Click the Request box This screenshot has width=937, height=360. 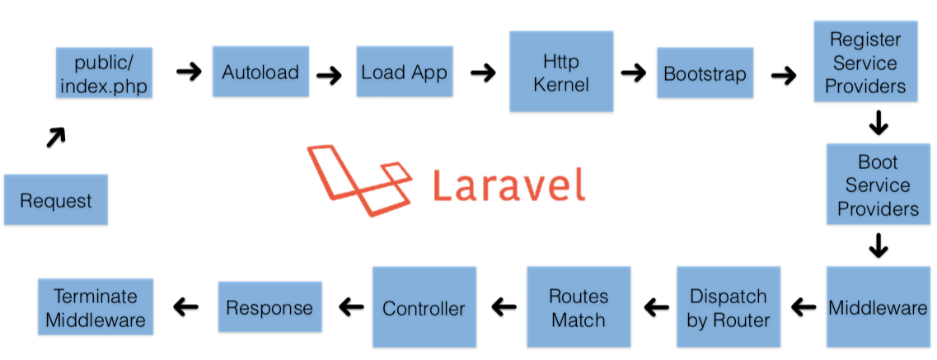pyautogui.click(x=55, y=199)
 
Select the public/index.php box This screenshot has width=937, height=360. pyautogui.click(x=104, y=72)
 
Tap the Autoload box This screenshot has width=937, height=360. pyautogui.click(x=260, y=72)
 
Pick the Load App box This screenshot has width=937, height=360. pyautogui.click(x=404, y=72)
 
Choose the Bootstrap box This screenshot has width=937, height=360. pyautogui.click(x=705, y=73)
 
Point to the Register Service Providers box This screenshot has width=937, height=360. pyautogui.click(x=864, y=63)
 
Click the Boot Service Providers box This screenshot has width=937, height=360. pyautogui.click(x=878, y=185)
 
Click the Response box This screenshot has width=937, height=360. pyautogui.click(x=269, y=307)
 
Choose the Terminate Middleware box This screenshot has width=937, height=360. pyautogui.click(x=95, y=307)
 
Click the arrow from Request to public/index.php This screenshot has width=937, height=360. pyautogui.click(x=54, y=138)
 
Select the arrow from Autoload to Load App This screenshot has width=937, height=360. pyautogui.click(x=329, y=76)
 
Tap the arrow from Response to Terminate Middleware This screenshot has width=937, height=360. pyautogui.click(x=185, y=307)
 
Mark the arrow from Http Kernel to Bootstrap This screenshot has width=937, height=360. pyautogui.click(x=633, y=72)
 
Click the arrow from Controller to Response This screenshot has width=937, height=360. pyautogui.click(x=352, y=307)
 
